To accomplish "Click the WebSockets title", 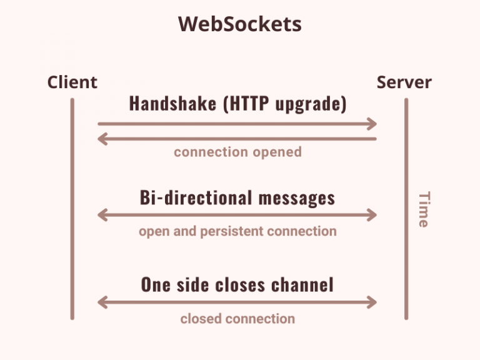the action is tap(240, 24).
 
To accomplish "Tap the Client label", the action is tap(72, 82).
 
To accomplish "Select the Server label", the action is tap(404, 82).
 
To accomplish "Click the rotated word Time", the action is tap(424, 209).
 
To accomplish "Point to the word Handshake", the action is tap(172, 103).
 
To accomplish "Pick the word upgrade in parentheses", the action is tap(308, 104).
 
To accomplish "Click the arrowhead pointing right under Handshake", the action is tap(372, 124).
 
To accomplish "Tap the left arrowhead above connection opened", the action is tap(102, 139).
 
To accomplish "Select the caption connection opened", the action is tap(238, 152).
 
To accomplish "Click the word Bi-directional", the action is tap(196, 197).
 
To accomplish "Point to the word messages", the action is tap(297, 198).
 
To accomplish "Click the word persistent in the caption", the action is tap(231, 231).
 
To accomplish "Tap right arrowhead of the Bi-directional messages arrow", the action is tap(372, 215).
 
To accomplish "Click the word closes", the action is tap(240, 285).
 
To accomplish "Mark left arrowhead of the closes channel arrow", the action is tap(102, 302).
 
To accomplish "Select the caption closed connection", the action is tap(237, 319).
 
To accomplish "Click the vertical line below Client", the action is tap(72, 209).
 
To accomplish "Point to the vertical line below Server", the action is tap(406, 209).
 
